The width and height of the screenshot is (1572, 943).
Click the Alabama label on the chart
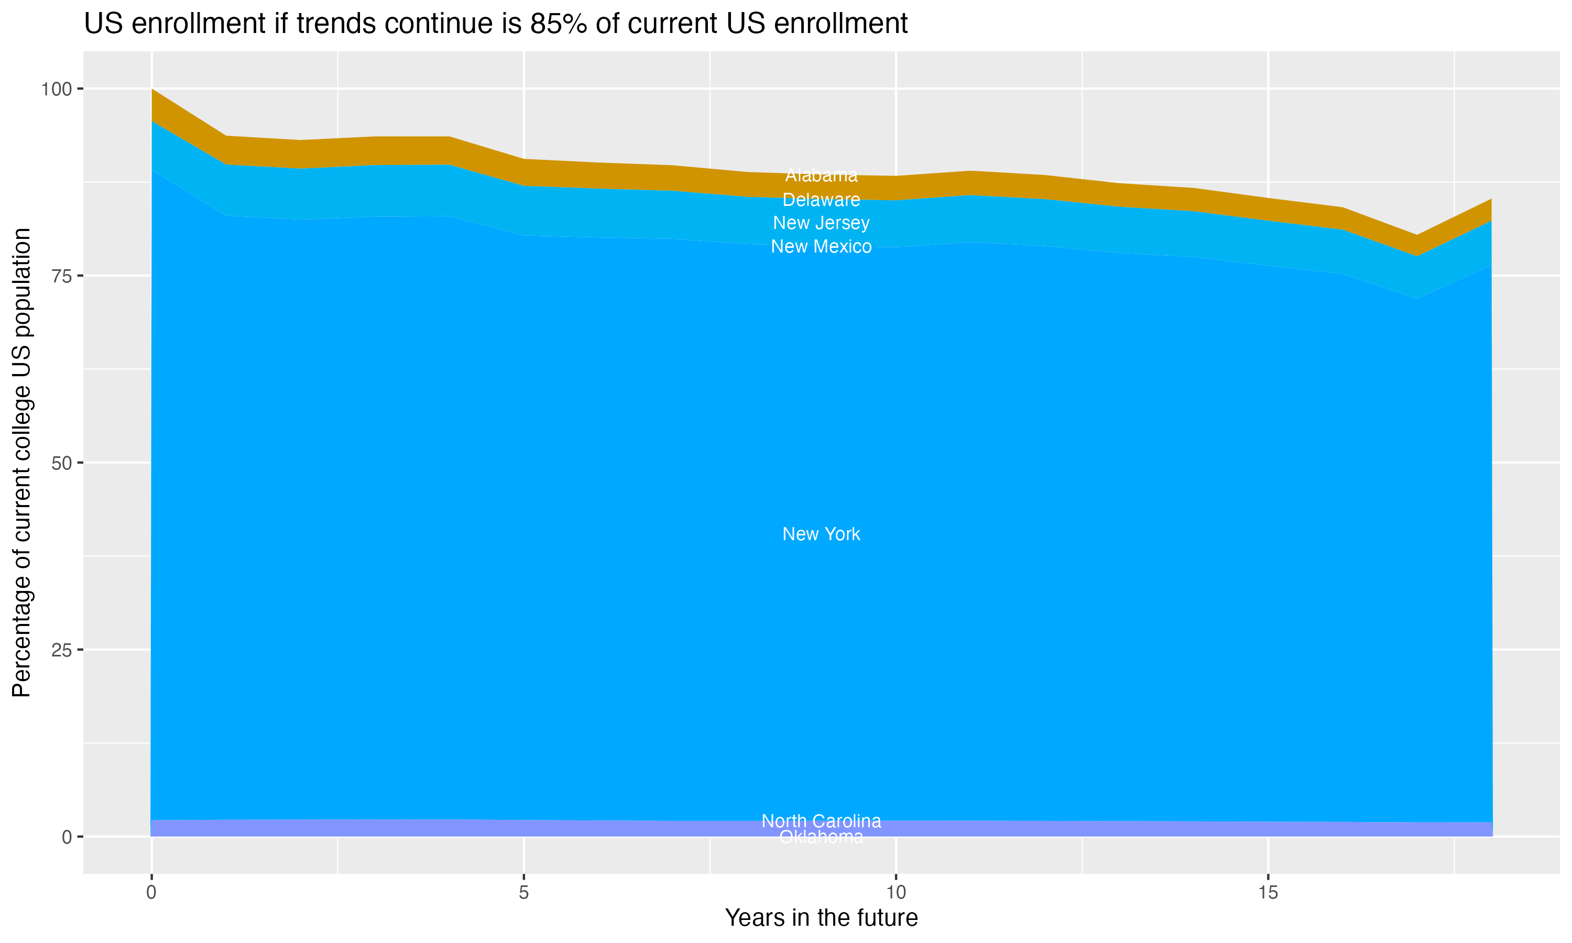[821, 175]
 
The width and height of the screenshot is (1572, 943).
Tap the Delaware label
[821, 200]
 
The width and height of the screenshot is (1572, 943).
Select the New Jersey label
[821, 223]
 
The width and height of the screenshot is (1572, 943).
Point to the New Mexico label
[821, 247]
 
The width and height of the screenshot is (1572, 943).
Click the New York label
[821, 534]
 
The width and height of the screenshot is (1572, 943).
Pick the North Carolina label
[821, 821]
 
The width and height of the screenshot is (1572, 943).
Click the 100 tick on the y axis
[57, 89]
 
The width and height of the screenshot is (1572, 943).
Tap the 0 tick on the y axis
[67, 837]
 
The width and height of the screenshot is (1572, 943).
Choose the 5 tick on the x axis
[523, 893]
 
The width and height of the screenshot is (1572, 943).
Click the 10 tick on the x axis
[896, 893]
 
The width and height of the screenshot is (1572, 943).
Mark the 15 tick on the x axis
[1268, 893]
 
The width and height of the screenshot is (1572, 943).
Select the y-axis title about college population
[21, 463]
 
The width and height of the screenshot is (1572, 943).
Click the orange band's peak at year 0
[152, 91]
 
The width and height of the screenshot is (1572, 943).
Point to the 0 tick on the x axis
[151, 893]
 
